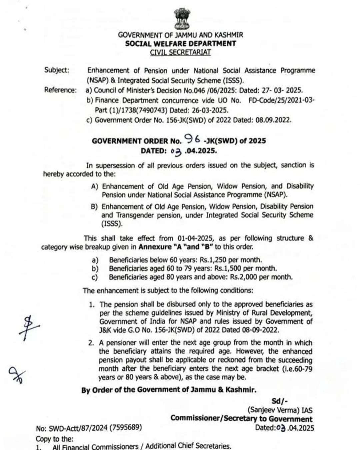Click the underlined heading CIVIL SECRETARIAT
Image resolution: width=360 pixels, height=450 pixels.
click(180, 52)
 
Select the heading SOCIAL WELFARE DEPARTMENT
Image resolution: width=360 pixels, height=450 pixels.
click(180, 44)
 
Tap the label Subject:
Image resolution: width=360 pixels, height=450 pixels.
click(57, 70)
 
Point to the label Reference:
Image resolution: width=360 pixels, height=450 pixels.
click(60, 90)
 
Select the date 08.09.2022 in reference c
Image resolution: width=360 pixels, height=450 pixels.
click(273, 120)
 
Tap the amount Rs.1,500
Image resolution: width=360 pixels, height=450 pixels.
click(229, 268)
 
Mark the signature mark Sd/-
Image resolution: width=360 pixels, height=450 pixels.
click(279, 401)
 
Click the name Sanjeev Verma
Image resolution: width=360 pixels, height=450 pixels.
click(272, 410)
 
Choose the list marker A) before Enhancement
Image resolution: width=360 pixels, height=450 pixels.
click(95, 187)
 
